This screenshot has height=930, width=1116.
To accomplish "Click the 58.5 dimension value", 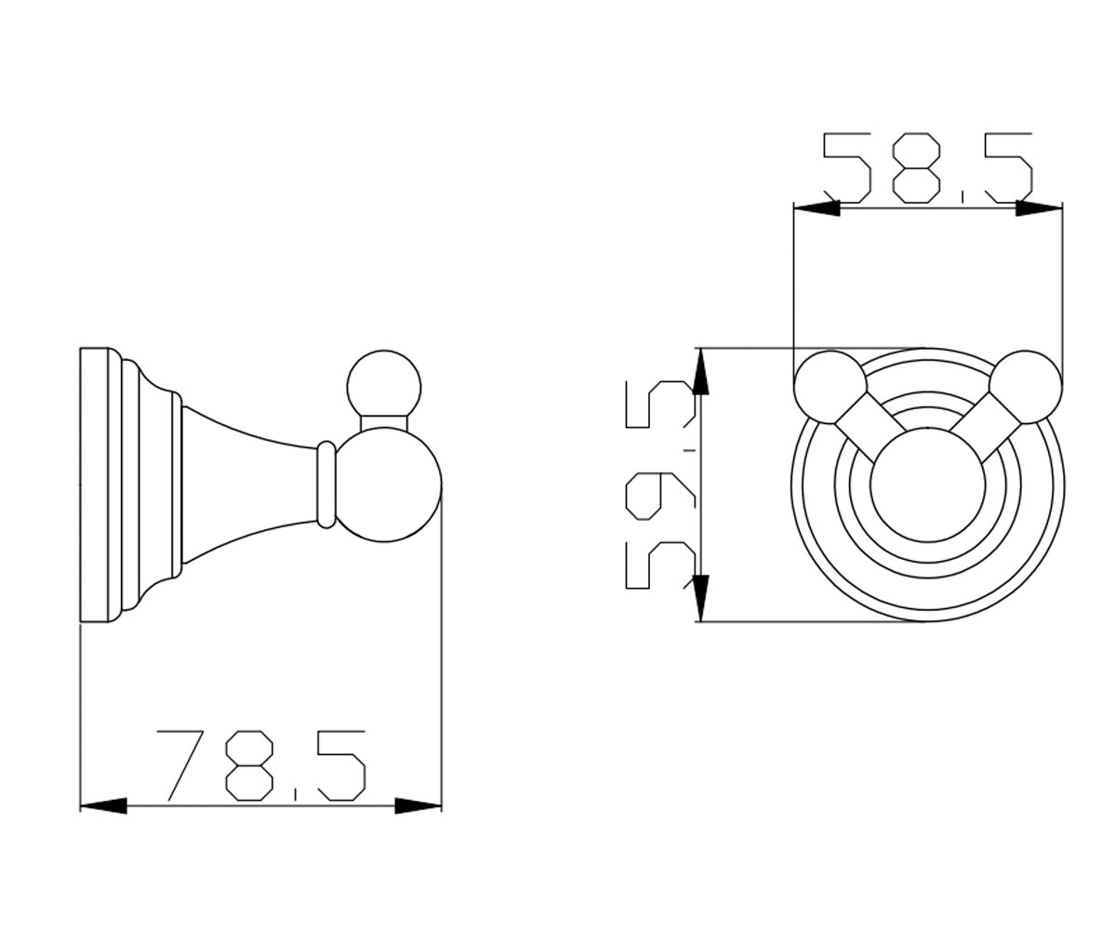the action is coord(928,167).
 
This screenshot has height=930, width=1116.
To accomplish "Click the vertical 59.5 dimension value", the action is coord(661,485).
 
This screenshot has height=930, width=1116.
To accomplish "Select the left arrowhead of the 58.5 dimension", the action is coord(817,208).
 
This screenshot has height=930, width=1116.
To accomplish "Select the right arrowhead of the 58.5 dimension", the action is coord(1039,208).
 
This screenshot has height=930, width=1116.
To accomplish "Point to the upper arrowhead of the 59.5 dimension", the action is coord(700,371).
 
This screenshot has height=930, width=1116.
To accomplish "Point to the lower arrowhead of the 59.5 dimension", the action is coord(700,598).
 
